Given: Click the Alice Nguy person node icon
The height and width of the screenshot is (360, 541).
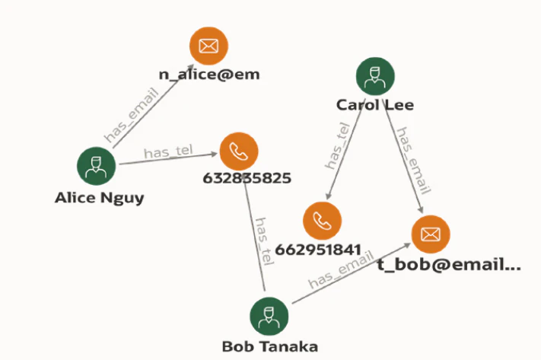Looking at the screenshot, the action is (x=97, y=166).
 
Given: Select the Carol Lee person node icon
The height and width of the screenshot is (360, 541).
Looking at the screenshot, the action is (x=375, y=76).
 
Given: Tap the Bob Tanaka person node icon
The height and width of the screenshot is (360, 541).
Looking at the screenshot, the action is (x=269, y=316).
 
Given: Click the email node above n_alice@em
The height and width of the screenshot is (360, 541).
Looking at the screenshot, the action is (x=208, y=46).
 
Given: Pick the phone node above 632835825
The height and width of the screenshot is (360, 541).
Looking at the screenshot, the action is (x=239, y=151).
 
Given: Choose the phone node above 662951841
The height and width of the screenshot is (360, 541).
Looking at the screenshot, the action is (x=323, y=221).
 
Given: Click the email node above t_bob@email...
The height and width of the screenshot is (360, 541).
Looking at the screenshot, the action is (x=431, y=234).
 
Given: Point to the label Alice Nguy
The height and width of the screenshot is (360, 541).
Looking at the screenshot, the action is (x=100, y=198).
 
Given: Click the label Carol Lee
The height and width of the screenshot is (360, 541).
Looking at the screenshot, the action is (x=375, y=105).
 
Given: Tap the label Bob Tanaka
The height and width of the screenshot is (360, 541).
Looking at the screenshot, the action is (x=270, y=346).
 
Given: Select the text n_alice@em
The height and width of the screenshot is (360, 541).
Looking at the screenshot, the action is (x=209, y=75).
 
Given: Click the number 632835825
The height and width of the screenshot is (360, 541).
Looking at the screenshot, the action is (x=247, y=178).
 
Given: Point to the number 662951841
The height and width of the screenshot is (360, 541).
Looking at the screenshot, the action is (x=318, y=250).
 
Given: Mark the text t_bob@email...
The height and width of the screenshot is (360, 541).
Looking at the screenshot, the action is (x=449, y=265).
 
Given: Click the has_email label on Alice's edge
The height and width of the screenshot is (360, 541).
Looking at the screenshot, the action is (x=132, y=115).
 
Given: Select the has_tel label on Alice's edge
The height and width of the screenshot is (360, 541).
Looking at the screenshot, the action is (x=168, y=151).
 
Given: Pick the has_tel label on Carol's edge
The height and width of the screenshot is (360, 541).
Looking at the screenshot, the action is (x=337, y=145).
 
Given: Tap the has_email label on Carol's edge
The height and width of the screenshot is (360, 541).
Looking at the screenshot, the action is (x=414, y=161).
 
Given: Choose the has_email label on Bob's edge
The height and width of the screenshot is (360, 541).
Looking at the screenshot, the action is (x=341, y=269).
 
